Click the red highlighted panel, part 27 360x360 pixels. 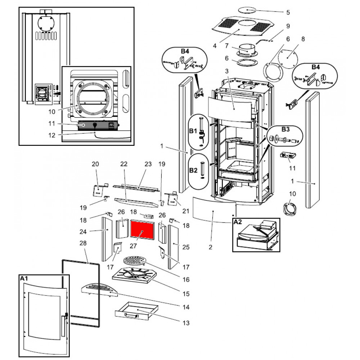[x=143, y=231]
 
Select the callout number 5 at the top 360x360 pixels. [x=288, y=13]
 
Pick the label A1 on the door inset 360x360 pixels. [x=24, y=278]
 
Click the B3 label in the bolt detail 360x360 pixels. [x=285, y=129]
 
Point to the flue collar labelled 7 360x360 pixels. [x=247, y=50]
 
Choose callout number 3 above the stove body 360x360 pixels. [x=227, y=71]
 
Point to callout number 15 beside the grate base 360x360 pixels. [x=186, y=294]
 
